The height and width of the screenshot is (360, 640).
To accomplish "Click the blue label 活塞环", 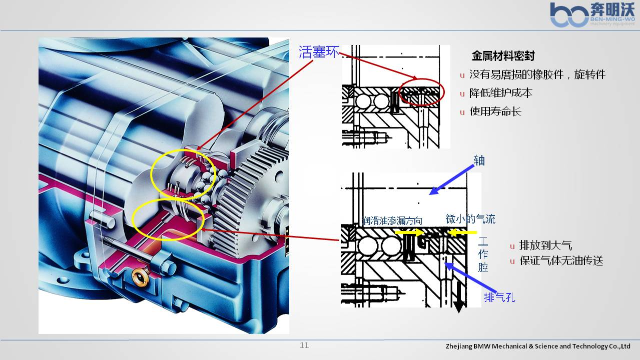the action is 319,52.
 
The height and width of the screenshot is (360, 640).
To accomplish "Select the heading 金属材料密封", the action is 503,56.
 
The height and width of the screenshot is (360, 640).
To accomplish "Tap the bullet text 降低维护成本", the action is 500,93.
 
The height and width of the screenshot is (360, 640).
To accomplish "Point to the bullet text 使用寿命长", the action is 495,111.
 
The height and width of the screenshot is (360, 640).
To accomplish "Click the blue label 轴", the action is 479,160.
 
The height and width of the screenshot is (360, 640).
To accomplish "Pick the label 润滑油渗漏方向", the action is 392,220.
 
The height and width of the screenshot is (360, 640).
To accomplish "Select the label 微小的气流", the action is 470,219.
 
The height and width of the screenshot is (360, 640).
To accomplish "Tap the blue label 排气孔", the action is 499,297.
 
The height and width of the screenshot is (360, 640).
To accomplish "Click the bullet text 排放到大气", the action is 545,245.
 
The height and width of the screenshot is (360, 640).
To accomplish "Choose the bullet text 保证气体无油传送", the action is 561,260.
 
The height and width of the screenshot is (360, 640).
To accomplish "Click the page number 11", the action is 304,345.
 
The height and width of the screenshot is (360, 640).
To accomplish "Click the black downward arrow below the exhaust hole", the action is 458,297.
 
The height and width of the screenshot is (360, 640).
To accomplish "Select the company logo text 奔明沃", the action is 612,9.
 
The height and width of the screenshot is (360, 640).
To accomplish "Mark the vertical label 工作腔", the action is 483,254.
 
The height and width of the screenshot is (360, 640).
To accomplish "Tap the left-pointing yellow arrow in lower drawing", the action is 461,232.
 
